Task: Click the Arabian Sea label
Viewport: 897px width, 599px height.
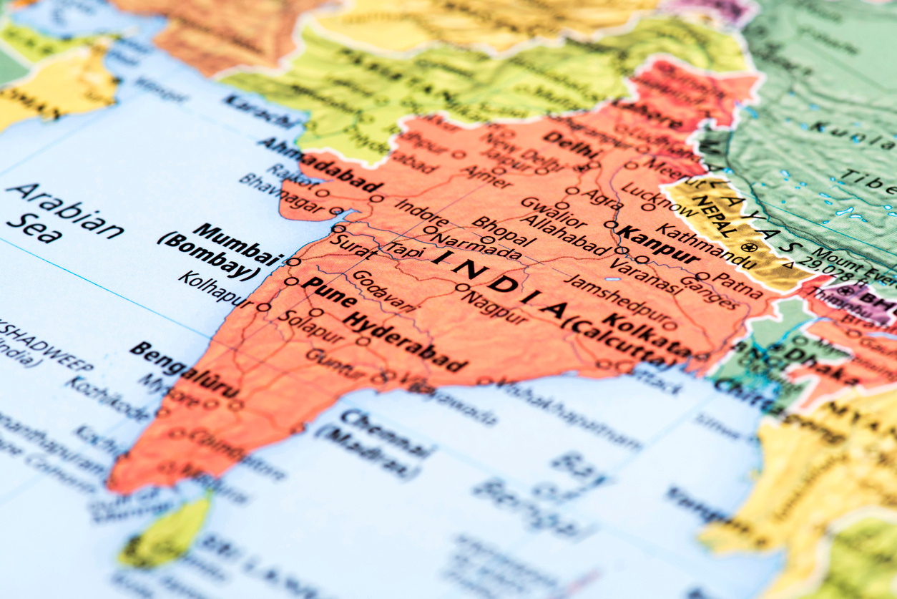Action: (x=64, y=212)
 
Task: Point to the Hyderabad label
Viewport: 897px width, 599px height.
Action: (x=404, y=343)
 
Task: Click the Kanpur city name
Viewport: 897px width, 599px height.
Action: (x=657, y=245)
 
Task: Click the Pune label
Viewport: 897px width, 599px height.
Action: (x=328, y=292)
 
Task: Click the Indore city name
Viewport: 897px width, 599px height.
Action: (x=422, y=213)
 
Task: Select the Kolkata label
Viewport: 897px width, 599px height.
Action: (x=647, y=335)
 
